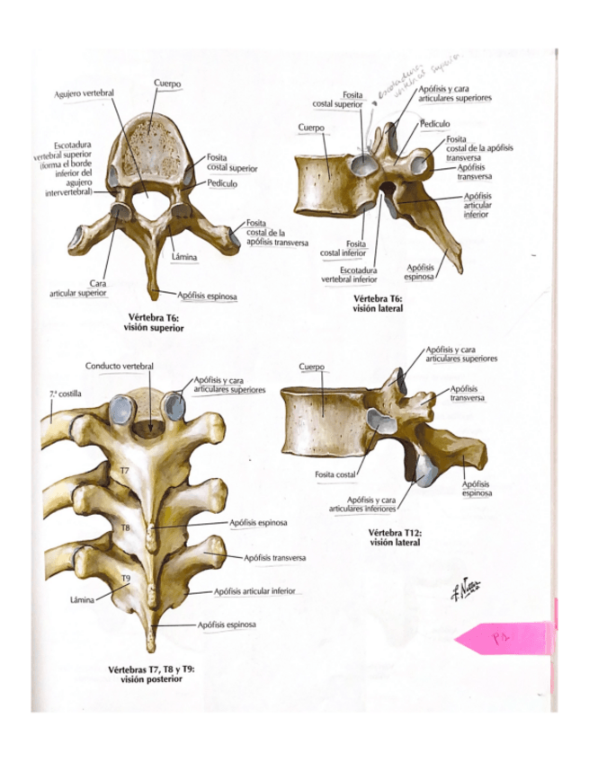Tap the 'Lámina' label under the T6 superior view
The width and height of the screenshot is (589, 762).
click(x=183, y=258)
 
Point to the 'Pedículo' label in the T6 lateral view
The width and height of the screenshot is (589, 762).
click(x=434, y=124)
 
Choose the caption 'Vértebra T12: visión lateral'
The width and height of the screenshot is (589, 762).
click(x=394, y=536)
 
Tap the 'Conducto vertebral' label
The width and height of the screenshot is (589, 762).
click(x=120, y=366)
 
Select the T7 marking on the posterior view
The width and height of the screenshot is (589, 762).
click(x=125, y=470)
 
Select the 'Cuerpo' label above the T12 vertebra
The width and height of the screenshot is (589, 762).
click(x=310, y=367)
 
